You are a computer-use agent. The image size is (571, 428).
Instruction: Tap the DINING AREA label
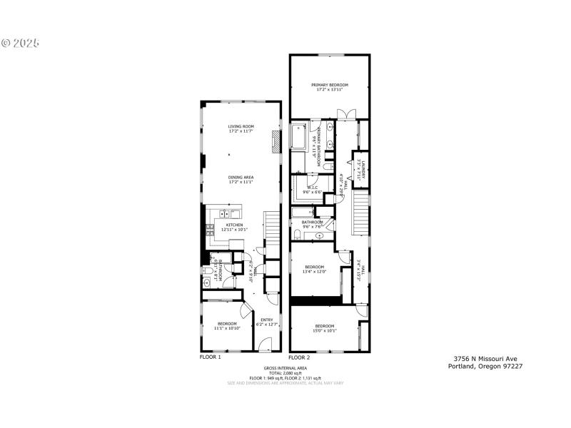click(x=241, y=179)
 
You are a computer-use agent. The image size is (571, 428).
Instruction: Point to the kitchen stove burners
click(x=211, y=229)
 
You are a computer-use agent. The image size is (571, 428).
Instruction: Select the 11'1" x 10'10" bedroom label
click(x=226, y=326)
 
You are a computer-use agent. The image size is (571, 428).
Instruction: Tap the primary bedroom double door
click(x=346, y=114)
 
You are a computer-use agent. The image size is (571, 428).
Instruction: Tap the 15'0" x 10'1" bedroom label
click(x=325, y=328)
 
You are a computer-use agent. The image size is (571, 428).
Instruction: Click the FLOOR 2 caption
click(x=300, y=357)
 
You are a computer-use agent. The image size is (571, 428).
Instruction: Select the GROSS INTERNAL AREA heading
click(x=285, y=367)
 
